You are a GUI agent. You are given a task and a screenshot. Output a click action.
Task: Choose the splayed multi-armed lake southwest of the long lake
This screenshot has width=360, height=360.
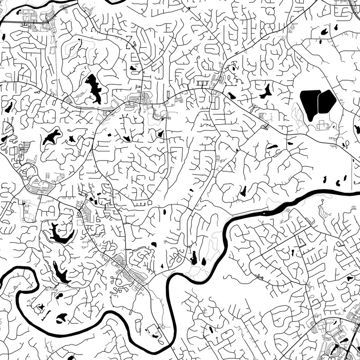click(52, 136)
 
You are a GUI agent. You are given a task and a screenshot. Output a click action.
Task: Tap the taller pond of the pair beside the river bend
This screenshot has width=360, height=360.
click(194, 257)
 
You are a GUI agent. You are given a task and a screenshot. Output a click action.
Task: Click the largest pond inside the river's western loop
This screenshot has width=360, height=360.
click(61, 317)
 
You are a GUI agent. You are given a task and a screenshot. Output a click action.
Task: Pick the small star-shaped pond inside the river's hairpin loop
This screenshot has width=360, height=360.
click(40, 307)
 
